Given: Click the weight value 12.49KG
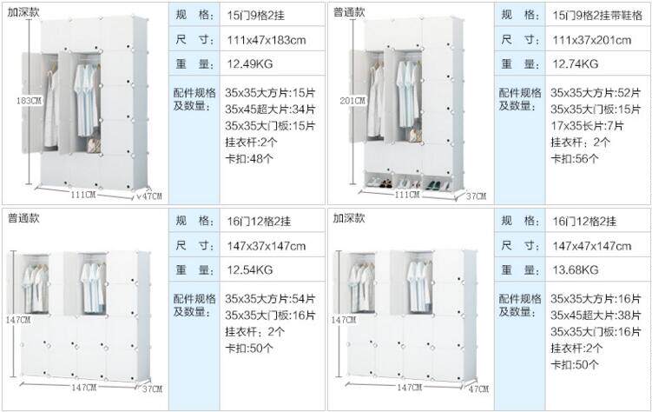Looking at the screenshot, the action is pyautogui.click(x=249, y=64).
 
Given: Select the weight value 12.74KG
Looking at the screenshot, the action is pyautogui.click(x=575, y=64).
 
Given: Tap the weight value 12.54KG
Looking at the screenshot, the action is pyautogui.click(x=249, y=270).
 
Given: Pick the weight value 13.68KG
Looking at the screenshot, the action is pyautogui.click(x=575, y=270).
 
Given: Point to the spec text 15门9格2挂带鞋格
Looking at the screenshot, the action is pyautogui.click(x=597, y=15).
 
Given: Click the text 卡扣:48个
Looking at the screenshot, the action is pyautogui.click(x=250, y=159).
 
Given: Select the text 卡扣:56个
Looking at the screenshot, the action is pyautogui.click(x=576, y=159).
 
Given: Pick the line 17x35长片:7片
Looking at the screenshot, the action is pyautogui.click(x=588, y=125).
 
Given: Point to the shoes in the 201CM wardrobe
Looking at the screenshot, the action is pyautogui.click(x=405, y=183).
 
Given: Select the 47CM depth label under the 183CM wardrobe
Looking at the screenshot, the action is pyautogui.click(x=153, y=195).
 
